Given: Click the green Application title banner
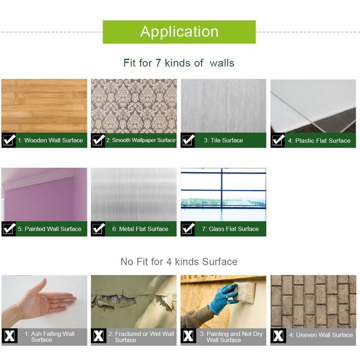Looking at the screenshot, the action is tap(179, 32).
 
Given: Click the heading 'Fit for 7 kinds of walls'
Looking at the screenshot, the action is tap(179, 63).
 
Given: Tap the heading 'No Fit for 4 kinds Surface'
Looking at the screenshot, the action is tap(179, 261).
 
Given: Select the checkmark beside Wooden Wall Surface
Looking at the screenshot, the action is tap(9, 140).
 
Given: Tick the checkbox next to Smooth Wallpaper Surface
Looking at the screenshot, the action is tap(99, 140).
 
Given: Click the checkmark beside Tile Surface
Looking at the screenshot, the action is tap(188, 140).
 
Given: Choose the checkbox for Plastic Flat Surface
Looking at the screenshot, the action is tap(278, 140).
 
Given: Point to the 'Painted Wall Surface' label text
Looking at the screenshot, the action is tap(49, 229).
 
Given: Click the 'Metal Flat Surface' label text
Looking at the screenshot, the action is tap(140, 229).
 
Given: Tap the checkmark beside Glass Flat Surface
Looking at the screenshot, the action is tap(188, 229).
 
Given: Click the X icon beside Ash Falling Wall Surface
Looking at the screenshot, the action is tap(9, 336).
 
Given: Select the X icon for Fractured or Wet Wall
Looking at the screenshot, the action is tap(99, 336).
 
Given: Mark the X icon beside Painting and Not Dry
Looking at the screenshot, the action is tap(188, 336).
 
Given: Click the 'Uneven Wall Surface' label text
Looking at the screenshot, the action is tap(321, 335).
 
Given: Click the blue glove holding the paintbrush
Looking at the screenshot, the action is tap(223, 298).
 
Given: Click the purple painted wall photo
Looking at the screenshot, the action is tap(44, 194).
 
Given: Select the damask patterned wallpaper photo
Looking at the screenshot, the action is tap(134, 106).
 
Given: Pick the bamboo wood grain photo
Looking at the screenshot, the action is tap(44, 106).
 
